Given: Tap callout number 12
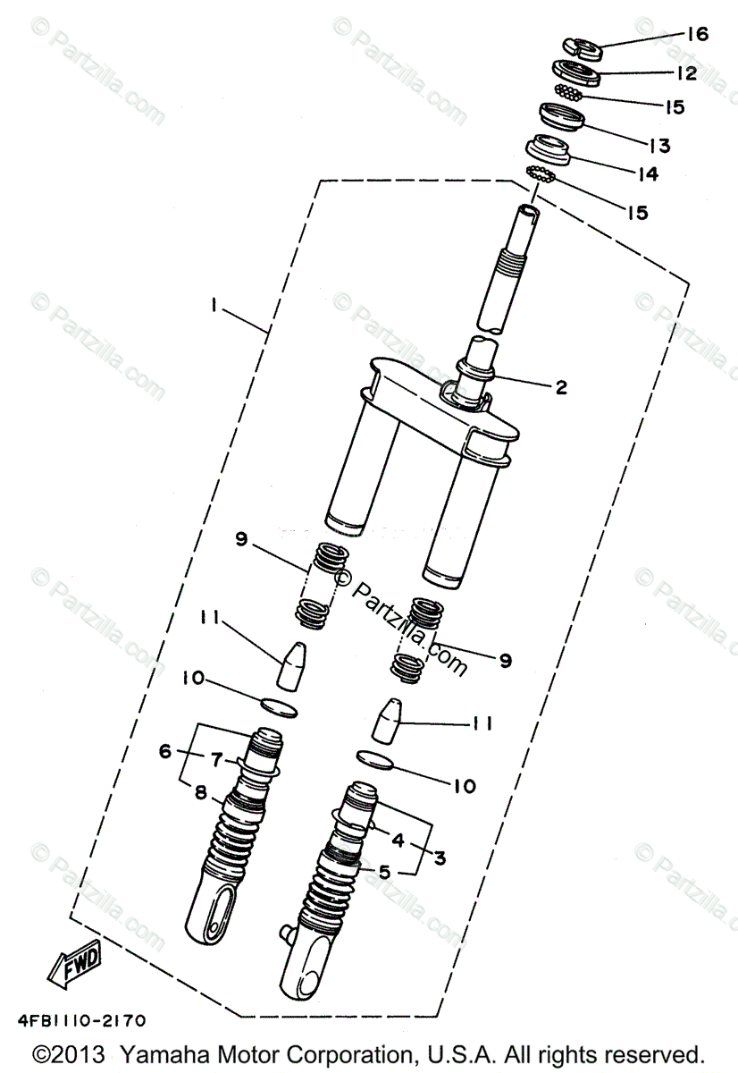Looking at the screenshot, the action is (686, 73).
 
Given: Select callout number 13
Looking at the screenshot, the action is (659, 145).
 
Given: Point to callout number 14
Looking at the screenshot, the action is (648, 173).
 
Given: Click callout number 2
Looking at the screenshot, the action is (560, 387).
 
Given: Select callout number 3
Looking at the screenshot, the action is (440, 857).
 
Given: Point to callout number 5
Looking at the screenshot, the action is (384, 872).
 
